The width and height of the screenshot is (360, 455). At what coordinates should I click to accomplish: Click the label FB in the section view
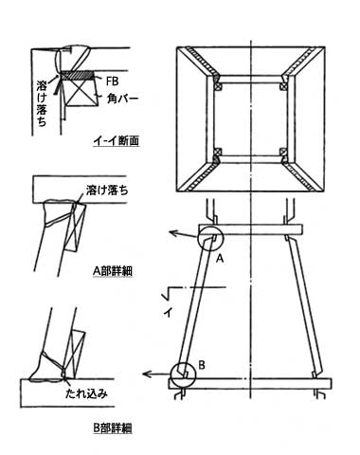112,82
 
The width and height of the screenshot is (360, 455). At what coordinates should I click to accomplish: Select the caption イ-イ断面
117,141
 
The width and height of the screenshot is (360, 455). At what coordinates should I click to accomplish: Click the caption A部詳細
113,271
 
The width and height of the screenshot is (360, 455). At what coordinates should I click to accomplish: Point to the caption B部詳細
113,428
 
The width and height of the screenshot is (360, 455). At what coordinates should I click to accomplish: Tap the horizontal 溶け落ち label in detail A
107,191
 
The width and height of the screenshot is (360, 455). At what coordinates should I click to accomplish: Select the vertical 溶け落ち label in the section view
42,103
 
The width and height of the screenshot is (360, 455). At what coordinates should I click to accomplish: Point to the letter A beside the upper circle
220,259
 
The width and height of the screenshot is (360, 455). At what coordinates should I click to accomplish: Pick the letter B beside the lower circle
202,365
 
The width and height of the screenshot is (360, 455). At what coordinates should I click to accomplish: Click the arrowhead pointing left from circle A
172,233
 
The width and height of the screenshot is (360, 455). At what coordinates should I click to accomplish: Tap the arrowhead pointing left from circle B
146,374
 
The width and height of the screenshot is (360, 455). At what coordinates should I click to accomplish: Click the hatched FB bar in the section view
78,75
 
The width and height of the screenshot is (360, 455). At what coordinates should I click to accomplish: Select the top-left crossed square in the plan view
218,86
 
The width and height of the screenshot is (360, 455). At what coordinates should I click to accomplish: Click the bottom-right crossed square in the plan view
283,152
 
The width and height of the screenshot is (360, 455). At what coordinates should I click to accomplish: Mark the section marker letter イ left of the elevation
168,313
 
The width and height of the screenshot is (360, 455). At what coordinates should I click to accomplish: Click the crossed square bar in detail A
75,227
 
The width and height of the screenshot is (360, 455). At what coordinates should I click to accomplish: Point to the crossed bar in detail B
75,355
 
